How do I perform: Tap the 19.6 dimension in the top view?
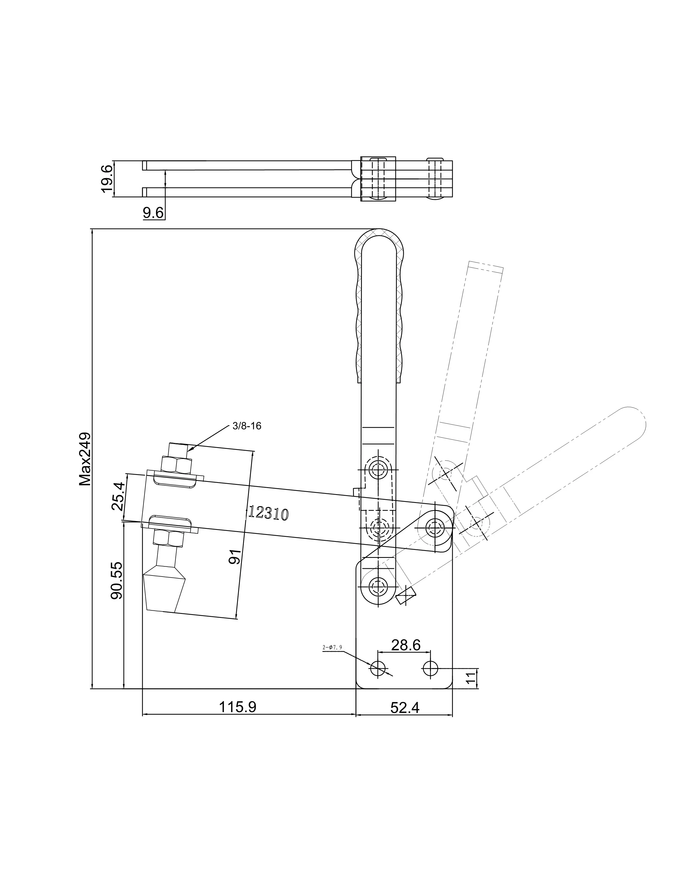(107, 179)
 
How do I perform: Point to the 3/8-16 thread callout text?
(247, 426)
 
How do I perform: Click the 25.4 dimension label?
(118, 496)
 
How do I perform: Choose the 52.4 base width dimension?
(405, 707)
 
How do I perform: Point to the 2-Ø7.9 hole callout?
(332, 647)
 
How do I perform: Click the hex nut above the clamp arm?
(176, 464)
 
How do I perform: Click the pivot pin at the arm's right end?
(435, 526)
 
